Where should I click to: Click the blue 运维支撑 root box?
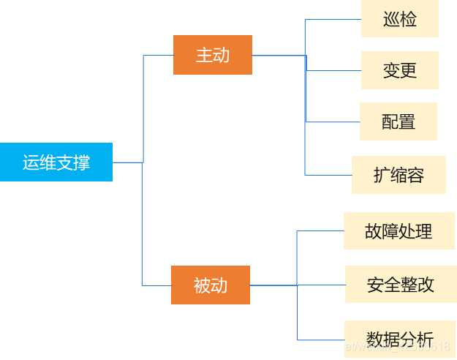(56, 162)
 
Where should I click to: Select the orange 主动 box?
(213, 55)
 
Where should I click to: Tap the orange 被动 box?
(211, 285)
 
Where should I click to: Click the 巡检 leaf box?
(400, 18)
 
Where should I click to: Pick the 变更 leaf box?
(400, 70)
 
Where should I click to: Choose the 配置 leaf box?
(399, 121)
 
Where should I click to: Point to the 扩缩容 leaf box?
(399, 175)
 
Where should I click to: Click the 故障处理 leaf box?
(399, 231)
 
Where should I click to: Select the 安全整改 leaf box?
(401, 285)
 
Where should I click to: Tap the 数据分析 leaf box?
(399, 338)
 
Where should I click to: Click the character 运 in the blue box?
(31, 162)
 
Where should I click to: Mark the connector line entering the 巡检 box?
(333, 20)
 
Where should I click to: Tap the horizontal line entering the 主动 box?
(158, 56)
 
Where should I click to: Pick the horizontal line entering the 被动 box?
(156, 285)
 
